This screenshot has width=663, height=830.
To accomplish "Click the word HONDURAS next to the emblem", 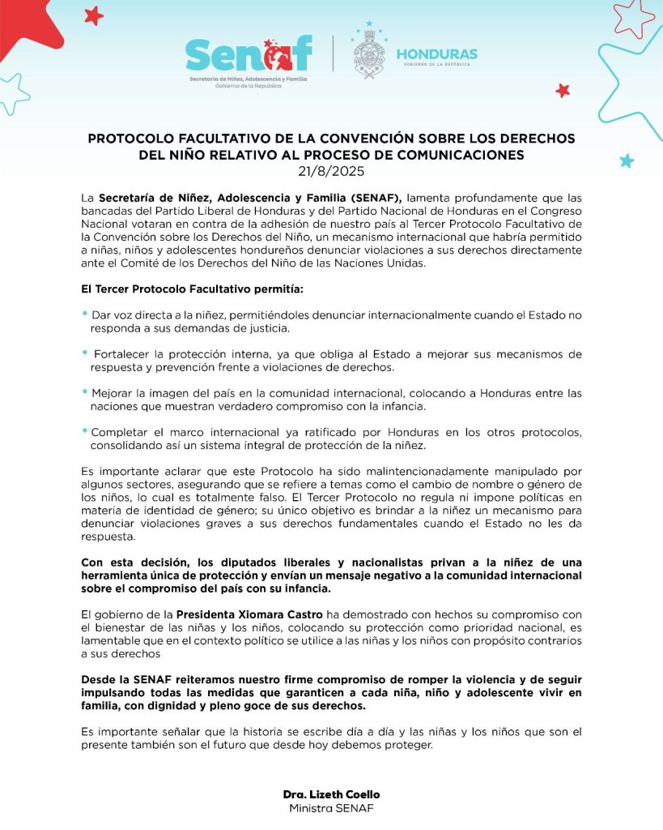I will tap(436, 54).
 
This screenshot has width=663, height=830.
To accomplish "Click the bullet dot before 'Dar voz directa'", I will tap(84, 313).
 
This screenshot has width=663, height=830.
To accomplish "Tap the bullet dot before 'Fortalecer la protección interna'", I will tap(84, 353).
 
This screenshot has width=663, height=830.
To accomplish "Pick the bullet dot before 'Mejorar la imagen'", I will tap(84, 391).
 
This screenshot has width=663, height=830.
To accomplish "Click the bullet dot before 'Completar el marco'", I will tap(84, 430).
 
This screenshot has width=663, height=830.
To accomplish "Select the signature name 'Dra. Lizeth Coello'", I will tap(331, 794).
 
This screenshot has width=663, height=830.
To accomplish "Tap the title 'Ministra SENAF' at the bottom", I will tap(331, 809).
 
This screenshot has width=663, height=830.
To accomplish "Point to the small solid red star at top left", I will tap(94, 15).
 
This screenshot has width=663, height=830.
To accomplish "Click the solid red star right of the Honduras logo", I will tap(563, 91).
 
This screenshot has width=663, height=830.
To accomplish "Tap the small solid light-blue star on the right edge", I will tap(627, 160).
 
